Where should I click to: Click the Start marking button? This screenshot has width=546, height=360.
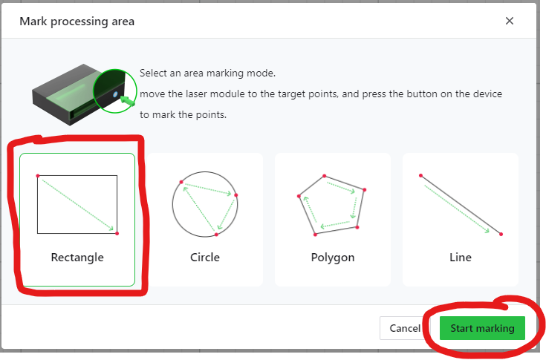click(x=482, y=328)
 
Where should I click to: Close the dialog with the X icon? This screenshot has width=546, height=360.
click(x=510, y=21)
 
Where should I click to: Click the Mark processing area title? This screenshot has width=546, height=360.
click(x=77, y=22)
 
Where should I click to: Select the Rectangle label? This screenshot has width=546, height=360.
click(x=77, y=258)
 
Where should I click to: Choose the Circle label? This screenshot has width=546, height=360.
click(x=205, y=258)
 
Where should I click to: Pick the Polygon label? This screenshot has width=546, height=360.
click(x=333, y=258)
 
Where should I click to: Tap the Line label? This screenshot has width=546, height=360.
click(x=461, y=258)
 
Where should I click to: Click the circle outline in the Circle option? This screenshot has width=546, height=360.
click(x=172, y=204)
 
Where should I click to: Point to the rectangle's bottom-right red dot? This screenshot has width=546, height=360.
click(x=117, y=233)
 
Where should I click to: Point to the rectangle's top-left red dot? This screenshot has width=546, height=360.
click(x=38, y=176)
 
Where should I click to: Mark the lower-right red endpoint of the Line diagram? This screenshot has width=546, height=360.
click(x=501, y=234)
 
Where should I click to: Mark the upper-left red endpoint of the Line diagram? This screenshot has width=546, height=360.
click(x=420, y=176)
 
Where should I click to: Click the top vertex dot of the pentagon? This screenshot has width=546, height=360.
click(x=324, y=176)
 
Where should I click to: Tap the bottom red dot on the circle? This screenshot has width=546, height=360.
click(x=216, y=235)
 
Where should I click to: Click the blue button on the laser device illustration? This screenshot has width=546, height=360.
click(x=115, y=94)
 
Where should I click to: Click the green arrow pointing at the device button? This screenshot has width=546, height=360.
click(x=127, y=101)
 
